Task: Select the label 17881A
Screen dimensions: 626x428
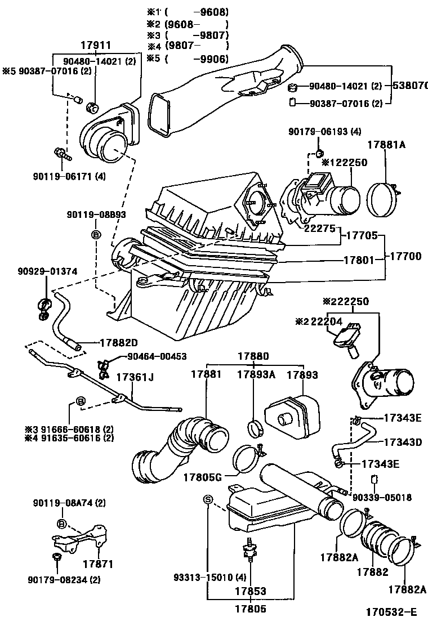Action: (387, 144)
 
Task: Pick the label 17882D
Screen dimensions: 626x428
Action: (119, 342)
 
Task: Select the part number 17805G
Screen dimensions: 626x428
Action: (202, 477)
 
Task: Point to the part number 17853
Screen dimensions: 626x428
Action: (251, 591)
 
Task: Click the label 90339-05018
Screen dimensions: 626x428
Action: (382, 498)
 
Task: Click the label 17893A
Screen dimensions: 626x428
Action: (255, 374)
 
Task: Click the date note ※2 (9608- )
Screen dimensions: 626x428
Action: (187, 24)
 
